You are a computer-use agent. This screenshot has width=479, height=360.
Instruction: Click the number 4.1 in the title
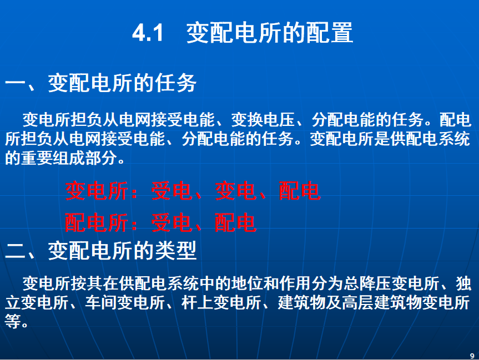pos(148,32)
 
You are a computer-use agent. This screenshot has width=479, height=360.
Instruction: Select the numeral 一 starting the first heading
pos(15,83)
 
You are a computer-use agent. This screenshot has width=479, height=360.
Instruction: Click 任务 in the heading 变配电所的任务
pos(175,83)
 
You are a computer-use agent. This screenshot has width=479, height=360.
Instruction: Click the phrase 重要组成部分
pos(69,158)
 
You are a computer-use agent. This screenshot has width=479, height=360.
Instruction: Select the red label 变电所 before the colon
pos(96,191)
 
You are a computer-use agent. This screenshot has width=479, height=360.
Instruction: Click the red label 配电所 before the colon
pos(96,222)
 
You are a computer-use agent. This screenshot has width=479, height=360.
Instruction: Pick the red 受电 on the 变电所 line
pos(172,191)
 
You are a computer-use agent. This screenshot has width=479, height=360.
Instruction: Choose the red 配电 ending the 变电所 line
pos(299,191)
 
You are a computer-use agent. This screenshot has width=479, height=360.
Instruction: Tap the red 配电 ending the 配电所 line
pos(235,222)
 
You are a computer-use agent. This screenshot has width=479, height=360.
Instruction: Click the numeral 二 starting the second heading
pos(15,251)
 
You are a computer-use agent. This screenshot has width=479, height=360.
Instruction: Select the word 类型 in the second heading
pos(175,250)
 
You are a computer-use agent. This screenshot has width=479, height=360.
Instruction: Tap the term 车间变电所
pos(125,303)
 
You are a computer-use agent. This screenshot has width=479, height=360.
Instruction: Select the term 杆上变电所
pos(221,303)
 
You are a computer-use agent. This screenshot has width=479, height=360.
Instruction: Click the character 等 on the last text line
pos(13,322)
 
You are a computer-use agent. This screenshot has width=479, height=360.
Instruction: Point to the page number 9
pos(472,356)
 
